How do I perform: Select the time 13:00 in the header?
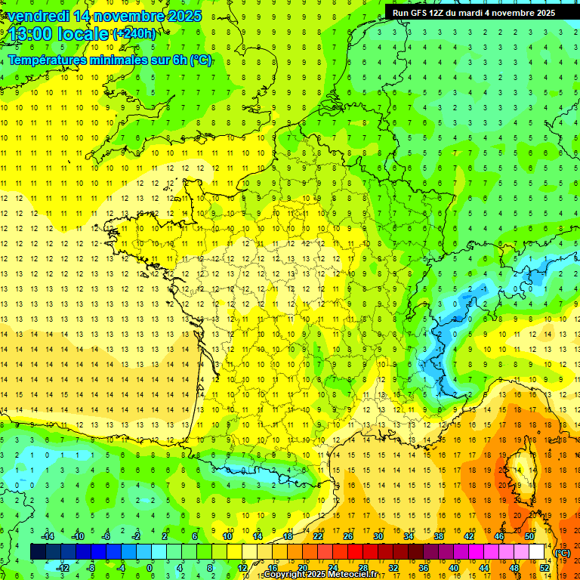coord(31,34)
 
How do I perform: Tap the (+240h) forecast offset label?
coord(134,34)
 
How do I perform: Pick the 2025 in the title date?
coord(184,16)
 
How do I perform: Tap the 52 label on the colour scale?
coord(545,568)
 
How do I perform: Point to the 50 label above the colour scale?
coord(529,536)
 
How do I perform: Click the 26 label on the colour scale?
coord(348,536)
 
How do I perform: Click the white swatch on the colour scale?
coord(537,552)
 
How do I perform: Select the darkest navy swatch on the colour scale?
coord(38,552)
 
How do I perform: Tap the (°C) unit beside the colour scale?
coord(563,553)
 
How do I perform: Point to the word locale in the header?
coord(81,34)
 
